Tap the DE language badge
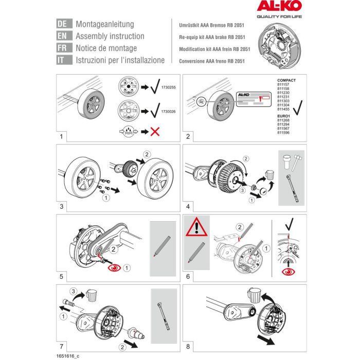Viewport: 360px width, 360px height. click(x=62, y=24)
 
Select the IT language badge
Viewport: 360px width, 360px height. click(x=62, y=60)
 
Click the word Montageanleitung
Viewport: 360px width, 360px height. click(x=104, y=24)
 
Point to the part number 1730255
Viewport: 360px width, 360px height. click(x=164, y=88)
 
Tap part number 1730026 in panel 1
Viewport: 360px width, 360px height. click(x=164, y=110)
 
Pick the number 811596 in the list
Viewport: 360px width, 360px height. click(x=283, y=134)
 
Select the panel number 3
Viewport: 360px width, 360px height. click(x=61, y=207)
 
